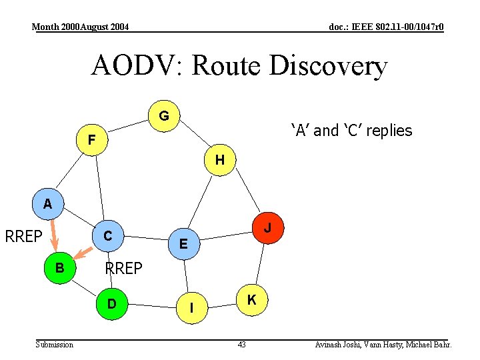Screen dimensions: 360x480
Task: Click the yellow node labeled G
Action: (164, 117)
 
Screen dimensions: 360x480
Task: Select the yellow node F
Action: (91, 139)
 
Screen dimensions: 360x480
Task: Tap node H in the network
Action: (219, 161)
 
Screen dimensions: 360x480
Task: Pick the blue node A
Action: (48, 204)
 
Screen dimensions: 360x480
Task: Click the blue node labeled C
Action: (107, 235)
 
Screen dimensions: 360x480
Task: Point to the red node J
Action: (268, 228)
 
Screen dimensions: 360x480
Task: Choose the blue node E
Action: (183, 244)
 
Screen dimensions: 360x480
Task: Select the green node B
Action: (60, 268)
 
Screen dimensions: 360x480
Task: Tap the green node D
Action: (112, 304)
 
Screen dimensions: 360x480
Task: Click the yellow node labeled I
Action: (192, 308)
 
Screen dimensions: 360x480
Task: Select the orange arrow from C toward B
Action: (83, 252)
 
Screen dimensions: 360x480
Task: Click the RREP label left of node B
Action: (24, 236)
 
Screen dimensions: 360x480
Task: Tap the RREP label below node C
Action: (124, 269)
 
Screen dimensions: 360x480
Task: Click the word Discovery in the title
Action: (328, 66)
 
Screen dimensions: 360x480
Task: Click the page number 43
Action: (241, 344)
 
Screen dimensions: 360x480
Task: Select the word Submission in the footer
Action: (55, 344)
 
